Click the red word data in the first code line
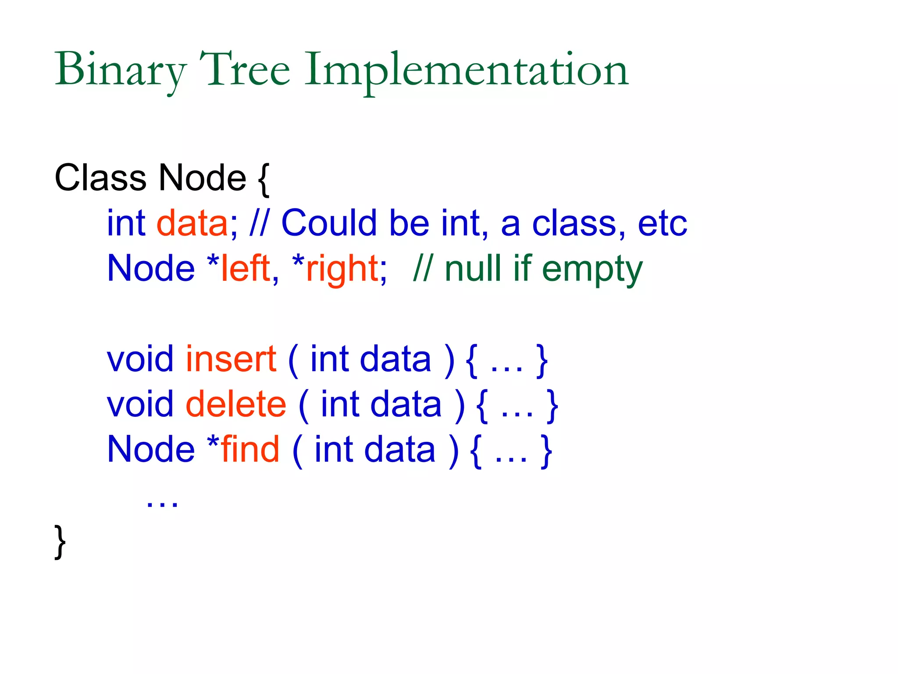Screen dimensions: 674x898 point(192,223)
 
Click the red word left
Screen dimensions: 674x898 point(246,268)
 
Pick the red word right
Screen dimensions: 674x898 point(342,269)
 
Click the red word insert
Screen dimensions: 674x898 point(231,359)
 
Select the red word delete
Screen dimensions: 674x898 point(236,404)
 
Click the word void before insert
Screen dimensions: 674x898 point(140,359)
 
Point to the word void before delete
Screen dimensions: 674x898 point(140,404)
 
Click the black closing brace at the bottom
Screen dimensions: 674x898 point(60,542)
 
